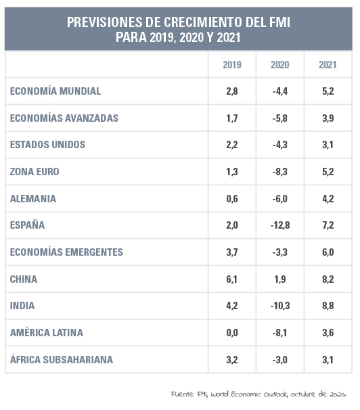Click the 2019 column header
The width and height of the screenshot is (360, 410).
coord(232,65)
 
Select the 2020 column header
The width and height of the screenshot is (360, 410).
coord(279,65)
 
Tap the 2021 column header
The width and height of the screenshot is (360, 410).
coord(328,65)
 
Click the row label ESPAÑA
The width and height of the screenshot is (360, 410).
coord(27,225)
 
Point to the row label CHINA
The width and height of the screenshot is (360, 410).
coord(24,279)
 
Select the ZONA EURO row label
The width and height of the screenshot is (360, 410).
coord(35,172)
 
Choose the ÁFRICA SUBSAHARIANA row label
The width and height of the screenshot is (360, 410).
coord(62,359)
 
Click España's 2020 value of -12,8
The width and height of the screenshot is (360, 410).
coord(280,225)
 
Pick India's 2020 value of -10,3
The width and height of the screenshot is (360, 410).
coord(280,306)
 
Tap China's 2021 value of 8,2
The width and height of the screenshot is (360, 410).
coord(328,279)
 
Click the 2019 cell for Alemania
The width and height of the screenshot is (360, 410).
coord(232,199)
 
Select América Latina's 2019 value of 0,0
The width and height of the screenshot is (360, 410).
coord(232,333)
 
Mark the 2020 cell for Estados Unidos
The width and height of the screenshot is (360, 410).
coord(279,145)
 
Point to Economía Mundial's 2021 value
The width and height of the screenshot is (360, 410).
coord(328,91)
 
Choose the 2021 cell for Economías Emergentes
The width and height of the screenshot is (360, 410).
coord(328,252)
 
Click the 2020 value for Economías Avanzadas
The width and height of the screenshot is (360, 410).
coord(279,118)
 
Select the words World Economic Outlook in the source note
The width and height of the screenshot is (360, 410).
coord(250,394)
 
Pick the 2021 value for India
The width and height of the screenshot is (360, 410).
coord(328,306)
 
